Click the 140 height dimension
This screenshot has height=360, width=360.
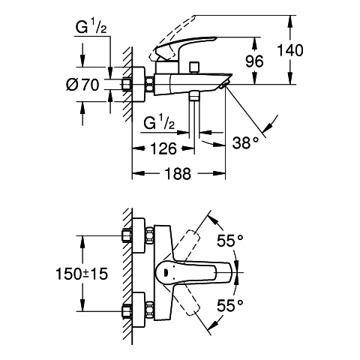point(290,50)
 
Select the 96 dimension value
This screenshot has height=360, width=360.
point(254,61)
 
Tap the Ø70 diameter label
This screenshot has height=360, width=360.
point(82,85)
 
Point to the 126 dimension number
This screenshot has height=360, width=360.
point(163,148)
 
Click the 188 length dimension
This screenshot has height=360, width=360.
point(178,173)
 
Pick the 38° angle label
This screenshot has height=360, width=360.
point(245,143)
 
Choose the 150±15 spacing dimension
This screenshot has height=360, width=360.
point(82,274)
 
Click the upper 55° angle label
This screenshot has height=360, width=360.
point(229,241)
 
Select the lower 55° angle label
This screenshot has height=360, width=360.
point(229,305)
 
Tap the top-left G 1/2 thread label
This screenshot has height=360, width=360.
point(91,27)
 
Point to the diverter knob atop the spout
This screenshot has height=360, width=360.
point(194,66)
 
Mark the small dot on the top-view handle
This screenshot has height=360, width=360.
point(166,272)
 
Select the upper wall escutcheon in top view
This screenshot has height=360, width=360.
point(139,235)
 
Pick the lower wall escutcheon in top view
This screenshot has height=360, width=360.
point(139,310)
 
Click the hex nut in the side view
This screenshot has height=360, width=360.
point(149,85)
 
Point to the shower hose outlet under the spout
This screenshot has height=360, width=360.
point(194,96)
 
